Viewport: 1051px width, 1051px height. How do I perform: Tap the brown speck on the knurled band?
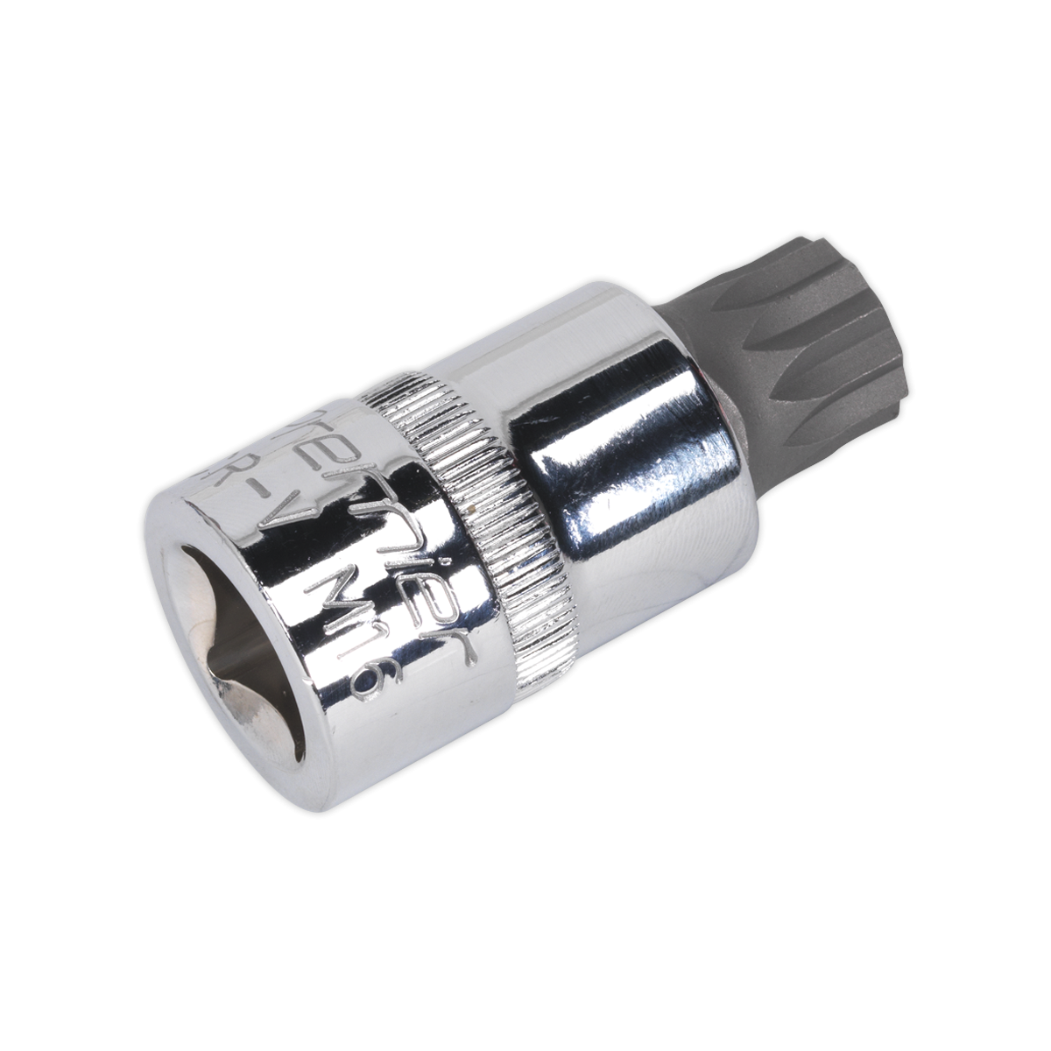[474, 504]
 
